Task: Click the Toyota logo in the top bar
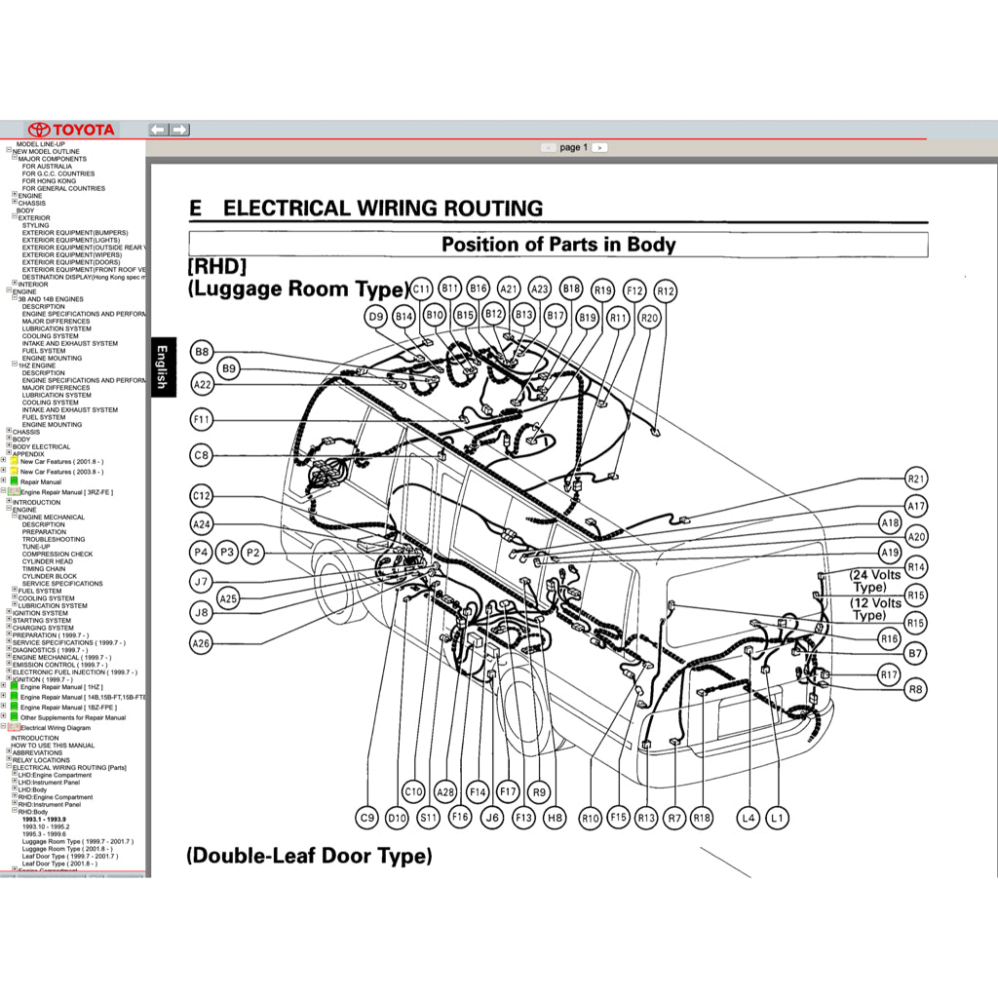point(71,130)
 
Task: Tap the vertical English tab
point(162,366)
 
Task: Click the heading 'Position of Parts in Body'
point(557,245)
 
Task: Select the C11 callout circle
point(421,289)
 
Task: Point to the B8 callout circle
point(202,352)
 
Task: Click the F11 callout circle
point(202,420)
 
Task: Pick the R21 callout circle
point(916,479)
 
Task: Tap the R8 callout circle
point(915,689)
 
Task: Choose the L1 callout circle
point(777,818)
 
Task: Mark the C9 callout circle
point(366,818)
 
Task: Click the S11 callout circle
point(429,818)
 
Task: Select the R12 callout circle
point(666,290)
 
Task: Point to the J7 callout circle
point(201,582)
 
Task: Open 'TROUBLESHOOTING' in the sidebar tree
point(54,539)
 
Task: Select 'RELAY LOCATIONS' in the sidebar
point(40,760)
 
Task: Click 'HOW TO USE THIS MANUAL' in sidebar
point(53,746)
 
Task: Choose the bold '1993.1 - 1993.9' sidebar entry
point(44,820)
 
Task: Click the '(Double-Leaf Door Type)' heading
point(308,856)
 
